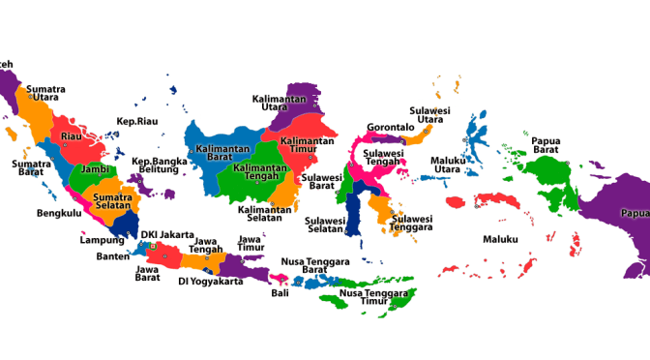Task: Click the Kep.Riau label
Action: [137, 121]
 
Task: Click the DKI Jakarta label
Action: [167, 234]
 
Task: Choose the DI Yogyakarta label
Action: [210, 282]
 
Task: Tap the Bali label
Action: [280, 292]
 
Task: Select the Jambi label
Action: [94, 168]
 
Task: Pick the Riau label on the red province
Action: [71, 136]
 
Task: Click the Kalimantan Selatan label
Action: [265, 213]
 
